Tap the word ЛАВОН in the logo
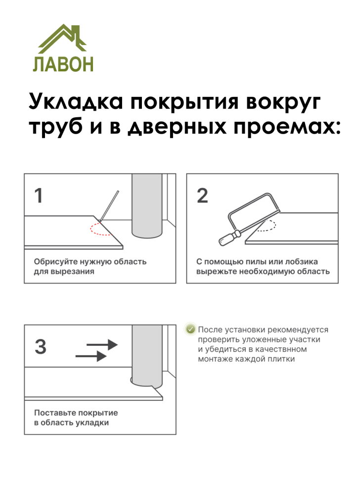click(63, 64)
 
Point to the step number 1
click(39, 196)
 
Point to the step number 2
click(202, 196)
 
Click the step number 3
click(41, 347)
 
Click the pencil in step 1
click(109, 205)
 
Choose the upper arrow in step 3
click(102, 344)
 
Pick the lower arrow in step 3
click(91, 356)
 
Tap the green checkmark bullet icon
click(190, 330)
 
